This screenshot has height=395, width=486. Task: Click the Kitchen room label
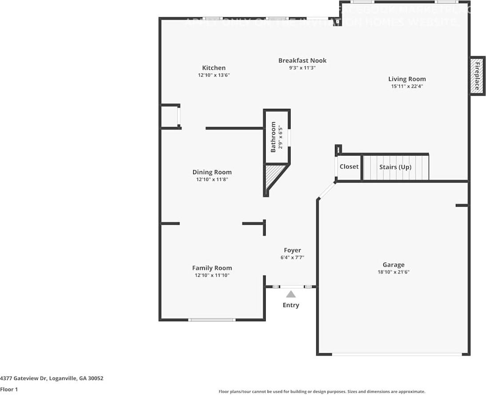click(x=214, y=68)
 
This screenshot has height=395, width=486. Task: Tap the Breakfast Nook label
click(x=302, y=60)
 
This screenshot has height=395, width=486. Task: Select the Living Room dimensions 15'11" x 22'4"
click(x=406, y=87)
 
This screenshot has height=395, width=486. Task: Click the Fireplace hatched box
click(x=478, y=76)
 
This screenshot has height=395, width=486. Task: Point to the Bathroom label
click(x=273, y=137)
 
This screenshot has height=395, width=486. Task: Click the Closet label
click(x=349, y=167)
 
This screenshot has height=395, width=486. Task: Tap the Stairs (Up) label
click(x=395, y=167)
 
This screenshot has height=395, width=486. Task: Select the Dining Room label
click(x=212, y=172)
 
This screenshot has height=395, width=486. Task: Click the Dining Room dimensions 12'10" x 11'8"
click(x=212, y=180)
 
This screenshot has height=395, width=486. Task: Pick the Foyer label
click(x=292, y=250)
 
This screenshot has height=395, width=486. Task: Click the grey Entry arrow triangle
click(x=291, y=294)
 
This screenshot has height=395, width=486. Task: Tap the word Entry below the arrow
click(x=291, y=305)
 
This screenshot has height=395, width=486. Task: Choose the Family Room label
click(x=212, y=268)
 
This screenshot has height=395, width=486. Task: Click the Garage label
click(x=394, y=264)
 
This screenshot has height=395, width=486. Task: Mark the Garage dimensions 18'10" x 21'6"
click(x=394, y=272)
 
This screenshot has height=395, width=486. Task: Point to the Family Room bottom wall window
click(x=212, y=319)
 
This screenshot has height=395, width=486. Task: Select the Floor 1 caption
click(x=9, y=390)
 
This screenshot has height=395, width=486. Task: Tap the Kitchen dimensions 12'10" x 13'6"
click(x=214, y=76)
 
